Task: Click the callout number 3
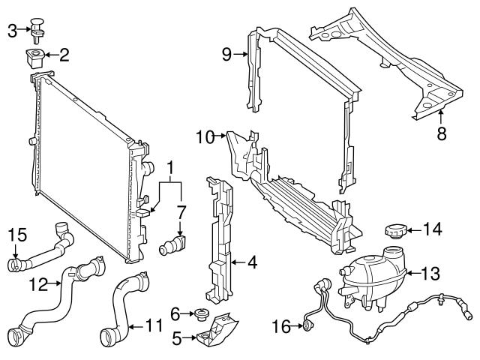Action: coord(12,30)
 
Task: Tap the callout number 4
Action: coord(251,262)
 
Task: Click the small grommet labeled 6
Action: coord(200,313)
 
